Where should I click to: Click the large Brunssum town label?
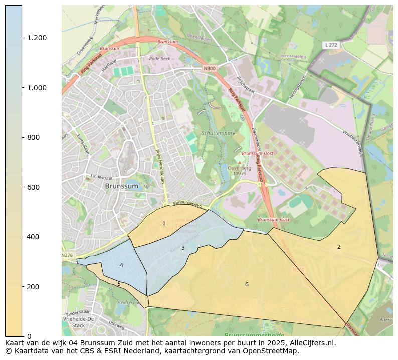[x=121, y=186]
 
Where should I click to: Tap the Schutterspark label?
[x=218, y=133]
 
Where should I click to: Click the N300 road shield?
[x=209, y=68]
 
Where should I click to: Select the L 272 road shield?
[x=330, y=45]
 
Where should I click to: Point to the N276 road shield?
[x=67, y=255]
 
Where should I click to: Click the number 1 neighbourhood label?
[x=164, y=223]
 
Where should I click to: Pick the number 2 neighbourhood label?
[x=339, y=247]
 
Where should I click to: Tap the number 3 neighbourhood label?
[x=183, y=248]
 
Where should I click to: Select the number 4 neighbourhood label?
[x=121, y=265]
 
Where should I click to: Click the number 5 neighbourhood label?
[x=119, y=284]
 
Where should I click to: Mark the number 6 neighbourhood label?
[x=247, y=284]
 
